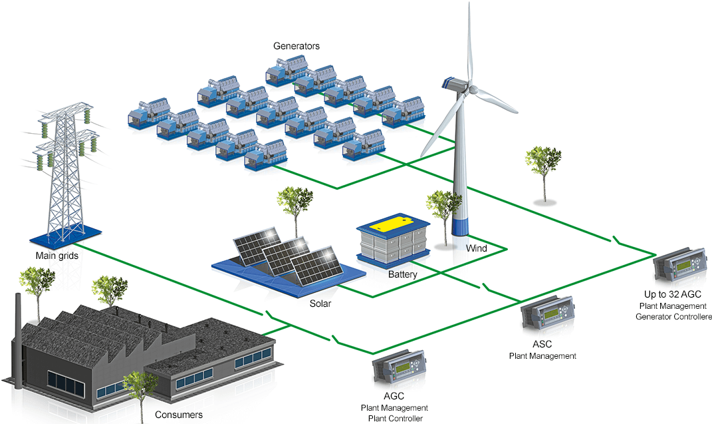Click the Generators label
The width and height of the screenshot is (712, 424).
point(297,46)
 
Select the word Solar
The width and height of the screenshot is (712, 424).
point(320,304)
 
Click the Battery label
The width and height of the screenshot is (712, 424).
point(403,274)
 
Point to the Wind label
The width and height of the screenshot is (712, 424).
point(476,248)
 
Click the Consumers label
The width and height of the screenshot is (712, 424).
point(179,415)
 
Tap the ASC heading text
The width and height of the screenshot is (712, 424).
point(542,344)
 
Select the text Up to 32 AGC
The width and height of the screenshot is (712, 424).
point(673,294)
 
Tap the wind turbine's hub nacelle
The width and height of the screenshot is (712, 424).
point(458,85)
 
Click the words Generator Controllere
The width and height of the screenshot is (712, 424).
point(673,317)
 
